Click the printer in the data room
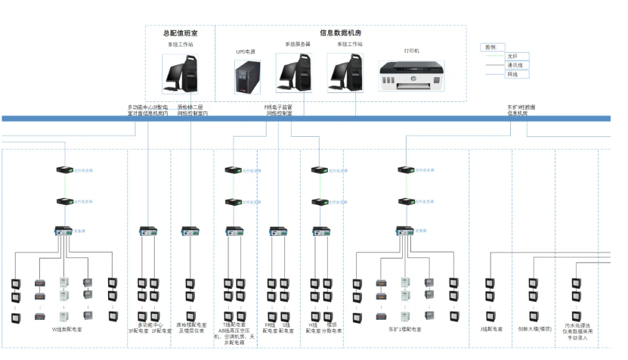pyautogui.click(x=412, y=76)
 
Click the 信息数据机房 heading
pyautogui.click(x=340, y=33)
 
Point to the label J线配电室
pyautogui.click(x=491, y=329)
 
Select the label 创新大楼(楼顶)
pyautogui.click(x=534, y=329)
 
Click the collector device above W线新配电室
pyautogui.click(x=63, y=230)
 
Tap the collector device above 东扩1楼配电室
pyautogui.click(x=404, y=230)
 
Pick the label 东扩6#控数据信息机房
pyautogui.click(x=523, y=110)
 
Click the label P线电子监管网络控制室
pyautogui.click(x=278, y=110)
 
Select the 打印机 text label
pyautogui.click(x=412, y=51)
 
